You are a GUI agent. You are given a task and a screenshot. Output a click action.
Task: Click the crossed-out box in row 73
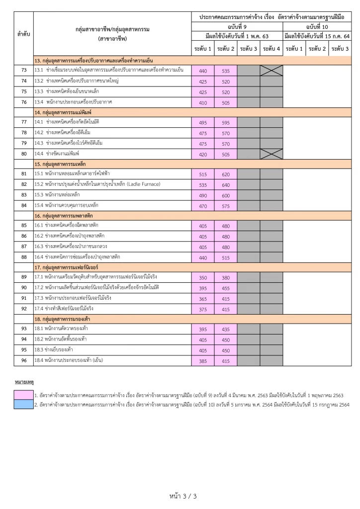point(271,71)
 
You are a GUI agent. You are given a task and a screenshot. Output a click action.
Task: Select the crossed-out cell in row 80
point(271,154)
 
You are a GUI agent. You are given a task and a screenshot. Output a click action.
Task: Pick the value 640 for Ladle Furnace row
point(226,185)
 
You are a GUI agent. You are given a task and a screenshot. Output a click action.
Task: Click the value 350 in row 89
point(203,278)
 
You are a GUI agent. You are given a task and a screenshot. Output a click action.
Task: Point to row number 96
point(24,360)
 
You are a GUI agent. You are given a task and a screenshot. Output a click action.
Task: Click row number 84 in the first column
point(24,205)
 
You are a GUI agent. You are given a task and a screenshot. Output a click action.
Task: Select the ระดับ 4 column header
point(271,49)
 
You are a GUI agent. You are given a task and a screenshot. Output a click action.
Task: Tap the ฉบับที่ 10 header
point(317,26)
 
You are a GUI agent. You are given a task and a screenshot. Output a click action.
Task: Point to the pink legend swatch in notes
point(23,395)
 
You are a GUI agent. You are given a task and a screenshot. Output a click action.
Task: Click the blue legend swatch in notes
point(23,404)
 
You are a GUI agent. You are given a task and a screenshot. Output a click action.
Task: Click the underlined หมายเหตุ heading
point(23,382)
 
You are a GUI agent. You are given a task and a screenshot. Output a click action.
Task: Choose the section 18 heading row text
point(65,319)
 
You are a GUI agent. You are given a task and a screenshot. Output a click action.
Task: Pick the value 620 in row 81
point(226,174)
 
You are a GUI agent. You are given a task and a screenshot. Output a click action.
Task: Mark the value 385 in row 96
point(203,361)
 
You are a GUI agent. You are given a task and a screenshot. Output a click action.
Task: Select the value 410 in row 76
point(203,102)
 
